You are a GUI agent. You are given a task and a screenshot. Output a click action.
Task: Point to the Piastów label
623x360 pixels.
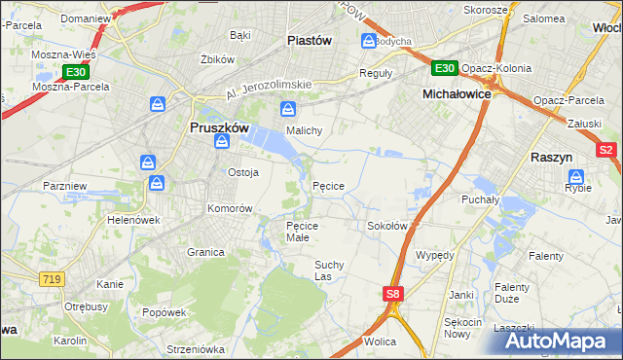coord(310,41)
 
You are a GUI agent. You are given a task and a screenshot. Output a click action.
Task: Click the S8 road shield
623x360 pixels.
coord(392,293)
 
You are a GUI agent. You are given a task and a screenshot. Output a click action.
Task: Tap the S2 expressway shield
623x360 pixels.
coord(605,150)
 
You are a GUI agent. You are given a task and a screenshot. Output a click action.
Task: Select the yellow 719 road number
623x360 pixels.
coord(53,279)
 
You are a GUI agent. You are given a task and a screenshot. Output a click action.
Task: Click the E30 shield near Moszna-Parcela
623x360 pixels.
coord(75,72)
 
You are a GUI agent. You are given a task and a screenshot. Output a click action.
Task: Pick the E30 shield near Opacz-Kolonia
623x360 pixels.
coord(444,68)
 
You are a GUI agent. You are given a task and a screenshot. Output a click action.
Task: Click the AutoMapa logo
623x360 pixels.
coord(556,341)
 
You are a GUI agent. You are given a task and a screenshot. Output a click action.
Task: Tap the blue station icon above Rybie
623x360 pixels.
coord(575,177)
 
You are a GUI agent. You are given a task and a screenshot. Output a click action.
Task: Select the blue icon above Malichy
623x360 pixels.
coord(287,109)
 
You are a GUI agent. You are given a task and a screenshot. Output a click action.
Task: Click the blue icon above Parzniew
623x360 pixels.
coord(148,162)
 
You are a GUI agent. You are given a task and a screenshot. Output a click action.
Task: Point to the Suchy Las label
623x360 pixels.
coord(329,270)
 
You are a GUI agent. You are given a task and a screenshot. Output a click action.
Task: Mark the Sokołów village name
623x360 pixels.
coord(386,226)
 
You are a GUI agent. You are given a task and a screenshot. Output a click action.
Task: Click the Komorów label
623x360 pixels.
coord(230,208)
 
